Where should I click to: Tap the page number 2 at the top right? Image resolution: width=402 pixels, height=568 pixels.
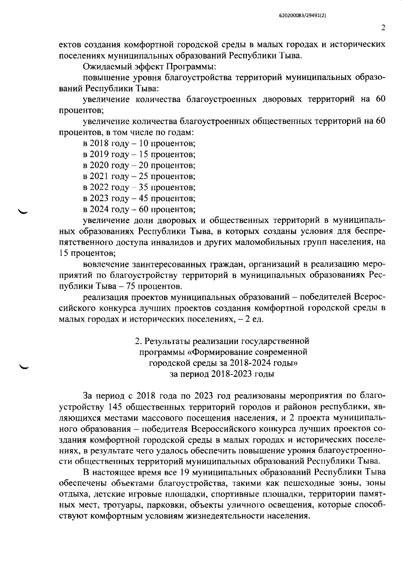(x=383, y=28)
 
